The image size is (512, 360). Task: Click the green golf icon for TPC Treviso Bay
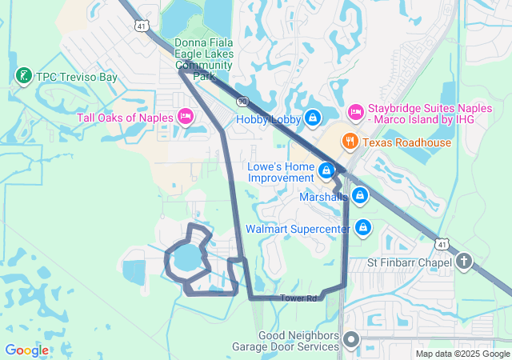(x=23, y=77)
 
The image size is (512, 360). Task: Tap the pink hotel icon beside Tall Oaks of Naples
(x=186, y=118)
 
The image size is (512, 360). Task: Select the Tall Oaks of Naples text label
(x=125, y=118)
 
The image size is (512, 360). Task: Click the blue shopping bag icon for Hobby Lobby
(x=313, y=118)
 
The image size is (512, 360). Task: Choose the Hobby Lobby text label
(x=269, y=119)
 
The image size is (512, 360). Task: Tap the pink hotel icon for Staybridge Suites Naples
(x=356, y=110)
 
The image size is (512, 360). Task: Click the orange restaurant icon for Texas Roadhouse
(x=350, y=142)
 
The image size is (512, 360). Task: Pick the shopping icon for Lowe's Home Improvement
(x=326, y=170)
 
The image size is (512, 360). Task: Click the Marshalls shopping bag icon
(x=360, y=195)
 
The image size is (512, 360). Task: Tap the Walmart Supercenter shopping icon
(x=363, y=228)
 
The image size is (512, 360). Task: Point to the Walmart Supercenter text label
(x=298, y=229)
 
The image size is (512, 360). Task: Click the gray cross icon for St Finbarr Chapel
(x=465, y=262)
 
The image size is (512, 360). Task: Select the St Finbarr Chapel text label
(x=409, y=262)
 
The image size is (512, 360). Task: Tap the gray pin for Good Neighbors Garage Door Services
(x=350, y=342)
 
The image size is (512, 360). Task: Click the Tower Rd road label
(x=298, y=298)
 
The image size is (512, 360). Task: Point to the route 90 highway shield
(x=242, y=102)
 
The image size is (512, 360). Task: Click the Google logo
(x=26, y=350)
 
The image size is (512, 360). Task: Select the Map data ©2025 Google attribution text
(x=462, y=354)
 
